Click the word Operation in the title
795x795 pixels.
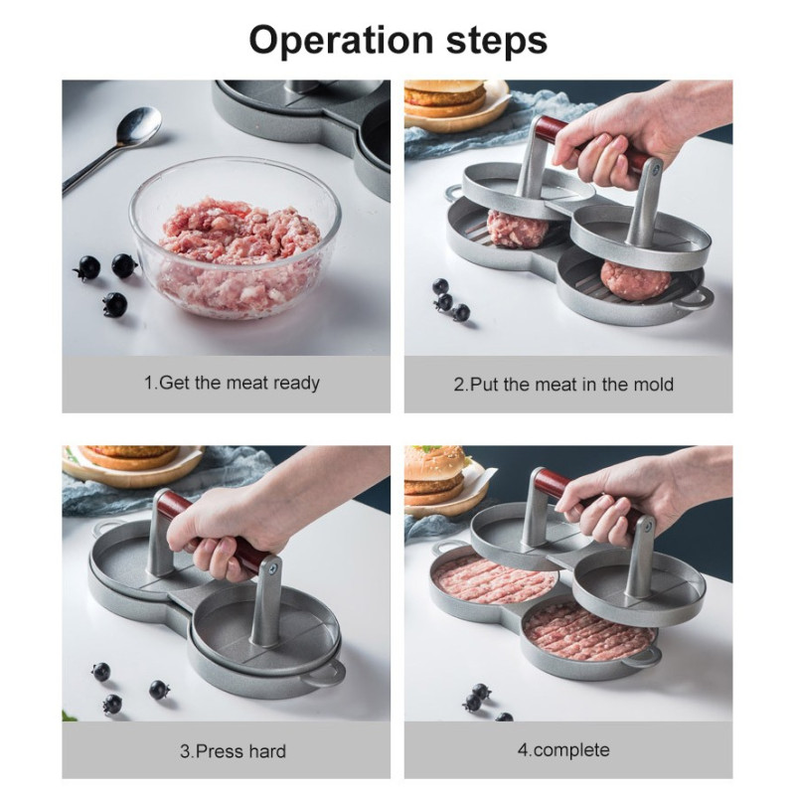[341, 41]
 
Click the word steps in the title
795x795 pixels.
[497, 41]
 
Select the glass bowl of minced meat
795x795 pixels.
[235, 238]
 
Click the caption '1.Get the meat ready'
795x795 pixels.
[232, 383]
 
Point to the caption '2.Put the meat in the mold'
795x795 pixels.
[563, 384]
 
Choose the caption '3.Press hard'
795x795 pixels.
[233, 750]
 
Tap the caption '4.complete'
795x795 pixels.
[563, 750]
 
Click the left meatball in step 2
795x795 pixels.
[517, 230]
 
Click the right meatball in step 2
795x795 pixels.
[635, 281]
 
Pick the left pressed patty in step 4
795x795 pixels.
[493, 579]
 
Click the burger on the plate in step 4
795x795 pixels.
[435, 475]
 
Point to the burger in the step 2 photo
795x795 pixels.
[444, 97]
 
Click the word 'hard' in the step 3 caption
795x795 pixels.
[263, 750]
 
